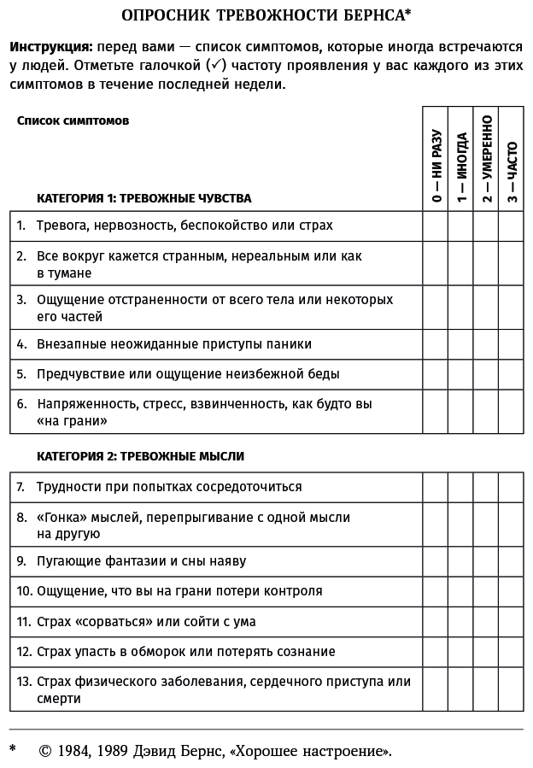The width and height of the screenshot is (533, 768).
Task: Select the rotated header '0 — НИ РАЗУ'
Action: (436, 166)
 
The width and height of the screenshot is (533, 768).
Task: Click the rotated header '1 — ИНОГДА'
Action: (461, 167)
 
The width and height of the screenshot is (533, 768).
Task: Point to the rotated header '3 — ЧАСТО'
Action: (511, 171)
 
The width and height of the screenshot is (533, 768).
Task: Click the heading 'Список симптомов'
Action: (73, 120)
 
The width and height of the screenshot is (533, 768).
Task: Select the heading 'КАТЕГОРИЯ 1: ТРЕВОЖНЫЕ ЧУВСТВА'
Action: (143, 198)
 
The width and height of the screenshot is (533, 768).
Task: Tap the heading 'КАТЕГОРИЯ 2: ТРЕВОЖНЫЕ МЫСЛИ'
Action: (140, 456)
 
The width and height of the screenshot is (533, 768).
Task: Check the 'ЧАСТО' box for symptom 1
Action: (511, 226)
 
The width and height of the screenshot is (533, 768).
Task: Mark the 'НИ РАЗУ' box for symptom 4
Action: (436, 344)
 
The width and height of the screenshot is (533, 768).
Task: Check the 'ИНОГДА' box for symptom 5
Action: (461, 373)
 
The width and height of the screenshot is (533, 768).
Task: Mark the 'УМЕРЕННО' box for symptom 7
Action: (486, 487)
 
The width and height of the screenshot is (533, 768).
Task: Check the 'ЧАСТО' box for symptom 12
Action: (511, 652)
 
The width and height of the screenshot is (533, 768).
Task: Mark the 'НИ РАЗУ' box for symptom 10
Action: (436, 590)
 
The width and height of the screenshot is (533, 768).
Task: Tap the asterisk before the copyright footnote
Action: (13, 749)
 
